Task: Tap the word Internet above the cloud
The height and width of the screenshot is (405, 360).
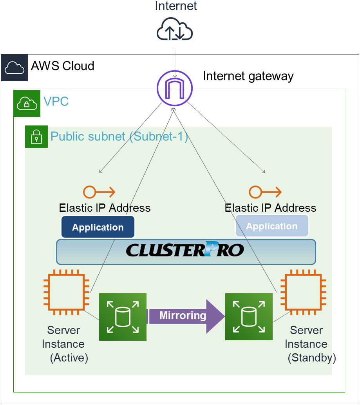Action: point(176,6)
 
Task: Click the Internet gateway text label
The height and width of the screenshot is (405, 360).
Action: point(248,76)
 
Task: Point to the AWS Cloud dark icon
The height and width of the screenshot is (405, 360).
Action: point(14,68)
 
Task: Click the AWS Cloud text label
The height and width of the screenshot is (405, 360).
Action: point(63,66)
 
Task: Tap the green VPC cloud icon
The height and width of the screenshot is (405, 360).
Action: point(27,104)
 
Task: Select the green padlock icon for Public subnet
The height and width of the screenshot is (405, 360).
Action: point(36,137)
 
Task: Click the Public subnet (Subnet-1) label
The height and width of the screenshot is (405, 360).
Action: point(119,137)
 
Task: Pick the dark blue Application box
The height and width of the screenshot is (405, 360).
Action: point(98,227)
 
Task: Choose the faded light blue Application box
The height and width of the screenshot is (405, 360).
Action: point(272,226)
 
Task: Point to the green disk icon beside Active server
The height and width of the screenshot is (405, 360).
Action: point(123,317)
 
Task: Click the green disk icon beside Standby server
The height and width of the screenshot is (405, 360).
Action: point(249,317)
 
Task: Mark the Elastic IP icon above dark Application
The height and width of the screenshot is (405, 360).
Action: point(99,192)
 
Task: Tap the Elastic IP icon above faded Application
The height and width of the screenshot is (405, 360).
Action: point(265,192)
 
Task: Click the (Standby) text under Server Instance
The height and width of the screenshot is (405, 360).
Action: point(312,358)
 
